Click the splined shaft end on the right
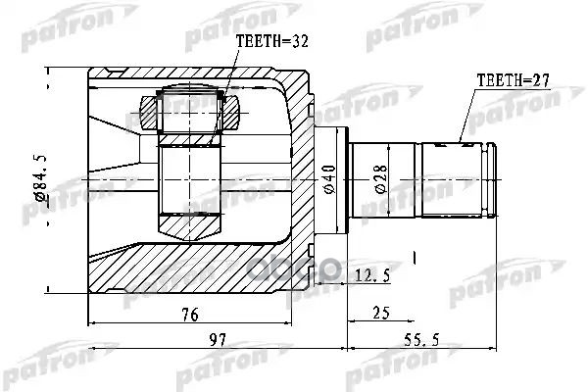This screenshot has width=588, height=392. click(461, 179)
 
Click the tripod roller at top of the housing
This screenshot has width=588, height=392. click(187, 109)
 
